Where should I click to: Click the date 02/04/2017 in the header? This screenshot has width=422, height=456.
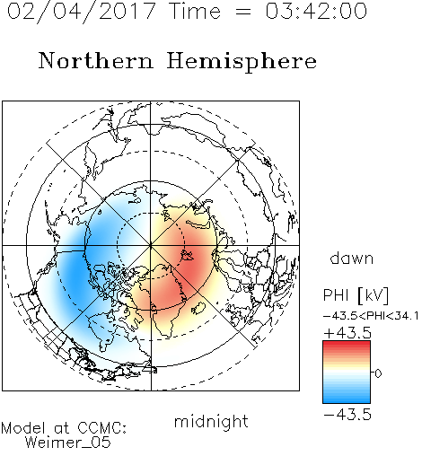(82, 12)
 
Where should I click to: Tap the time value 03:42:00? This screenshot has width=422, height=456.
(316, 12)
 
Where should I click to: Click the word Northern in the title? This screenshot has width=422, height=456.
(96, 61)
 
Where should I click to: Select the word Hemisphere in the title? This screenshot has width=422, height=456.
(242, 62)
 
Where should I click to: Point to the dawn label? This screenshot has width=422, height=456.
(352, 258)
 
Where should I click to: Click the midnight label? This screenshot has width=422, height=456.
(211, 421)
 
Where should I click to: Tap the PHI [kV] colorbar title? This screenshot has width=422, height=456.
(356, 295)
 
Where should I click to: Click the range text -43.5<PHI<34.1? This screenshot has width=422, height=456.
(371, 316)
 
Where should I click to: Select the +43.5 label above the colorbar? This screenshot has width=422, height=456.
(347, 333)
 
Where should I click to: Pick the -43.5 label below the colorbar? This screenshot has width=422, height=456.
(347, 415)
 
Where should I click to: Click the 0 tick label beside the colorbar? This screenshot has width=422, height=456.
(378, 373)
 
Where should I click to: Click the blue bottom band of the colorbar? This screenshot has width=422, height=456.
(347, 399)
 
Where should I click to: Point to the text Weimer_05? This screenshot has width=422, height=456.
(68, 443)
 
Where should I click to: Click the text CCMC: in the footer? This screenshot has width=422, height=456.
(101, 427)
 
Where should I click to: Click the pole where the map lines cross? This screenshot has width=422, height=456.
(151, 245)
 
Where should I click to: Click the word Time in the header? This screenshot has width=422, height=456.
(195, 12)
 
